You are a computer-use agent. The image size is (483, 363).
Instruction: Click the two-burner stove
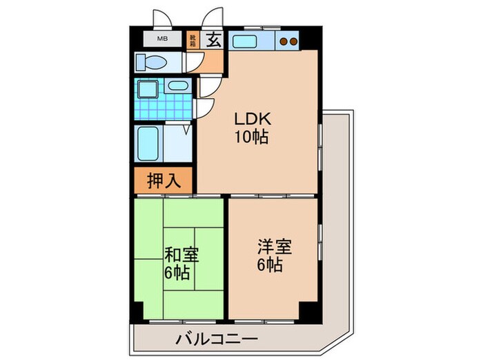(288, 41)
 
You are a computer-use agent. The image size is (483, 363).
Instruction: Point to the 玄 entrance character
(213, 39)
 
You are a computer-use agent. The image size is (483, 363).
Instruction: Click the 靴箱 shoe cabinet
(191, 39)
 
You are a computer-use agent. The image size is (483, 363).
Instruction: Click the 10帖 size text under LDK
(251, 136)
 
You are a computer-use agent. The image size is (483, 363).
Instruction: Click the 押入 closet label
(164, 181)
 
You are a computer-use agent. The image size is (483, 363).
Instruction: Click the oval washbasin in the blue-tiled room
(177, 86)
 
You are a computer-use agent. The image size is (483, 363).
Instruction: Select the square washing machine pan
(147, 91)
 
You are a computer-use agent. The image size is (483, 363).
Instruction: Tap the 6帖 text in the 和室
(177, 272)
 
